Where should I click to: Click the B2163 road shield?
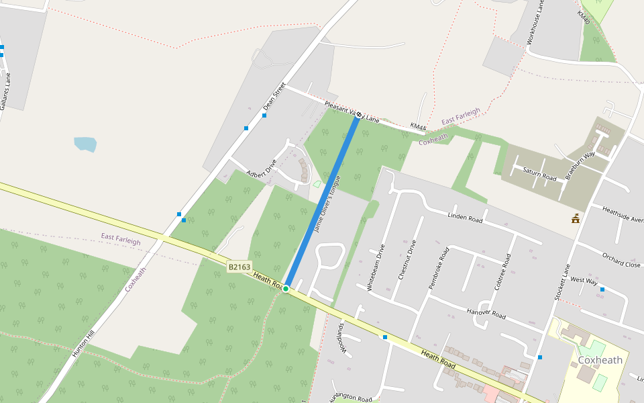(239, 267)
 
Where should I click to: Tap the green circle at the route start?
(286, 288)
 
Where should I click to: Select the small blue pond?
(85, 144)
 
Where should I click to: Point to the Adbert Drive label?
(262, 168)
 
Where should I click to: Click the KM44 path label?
(418, 126)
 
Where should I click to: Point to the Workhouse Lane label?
(533, 22)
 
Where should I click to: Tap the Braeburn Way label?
(580, 164)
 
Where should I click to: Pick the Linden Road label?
(466, 218)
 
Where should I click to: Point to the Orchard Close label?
(621, 260)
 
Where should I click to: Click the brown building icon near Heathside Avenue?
(576, 218)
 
